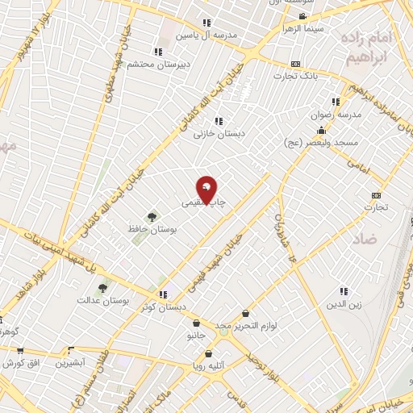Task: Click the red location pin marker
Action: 207,190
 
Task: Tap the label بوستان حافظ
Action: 152,229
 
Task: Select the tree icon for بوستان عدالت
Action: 102,288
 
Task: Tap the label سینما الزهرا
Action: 302,27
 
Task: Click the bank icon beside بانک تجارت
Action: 296,64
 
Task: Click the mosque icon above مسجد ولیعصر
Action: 322,130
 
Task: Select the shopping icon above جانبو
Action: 196,323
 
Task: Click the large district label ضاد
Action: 365,238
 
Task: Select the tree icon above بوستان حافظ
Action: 152,216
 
